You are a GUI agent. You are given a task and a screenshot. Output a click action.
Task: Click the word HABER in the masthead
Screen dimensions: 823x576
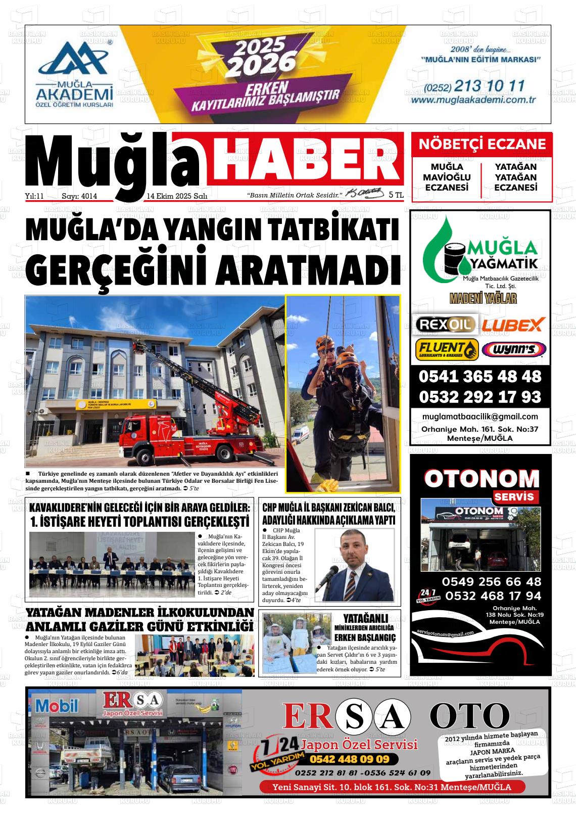pyautogui.click(x=307, y=159)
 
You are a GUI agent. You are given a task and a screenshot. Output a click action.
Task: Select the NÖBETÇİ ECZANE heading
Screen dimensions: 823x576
pyautogui.click(x=482, y=145)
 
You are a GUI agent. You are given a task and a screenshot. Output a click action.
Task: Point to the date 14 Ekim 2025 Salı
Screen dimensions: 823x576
pyautogui.click(x=177, y=196)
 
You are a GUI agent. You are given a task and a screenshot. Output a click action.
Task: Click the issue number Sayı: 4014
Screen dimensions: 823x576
pyautogui.click(x=79, y=196)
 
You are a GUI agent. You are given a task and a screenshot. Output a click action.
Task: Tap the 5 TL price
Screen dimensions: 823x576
pyautogui.click(x=396, y=195)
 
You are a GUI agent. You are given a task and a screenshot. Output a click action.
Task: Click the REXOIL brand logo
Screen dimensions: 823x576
pyautogui.click(x=445, y=324)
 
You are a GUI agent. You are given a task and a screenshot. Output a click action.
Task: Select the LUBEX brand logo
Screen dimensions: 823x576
pyautogui.click(x=512, y=324)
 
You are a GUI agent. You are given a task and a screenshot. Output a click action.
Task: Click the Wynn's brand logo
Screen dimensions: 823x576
pyautogui.click(x=514, y=349)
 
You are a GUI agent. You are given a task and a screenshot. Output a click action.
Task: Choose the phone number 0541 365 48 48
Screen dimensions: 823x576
pyautogui.click(x=479, y=377)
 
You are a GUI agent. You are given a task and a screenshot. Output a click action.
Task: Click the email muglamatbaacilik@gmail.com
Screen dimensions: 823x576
pyautogui.click(x=479, y=417)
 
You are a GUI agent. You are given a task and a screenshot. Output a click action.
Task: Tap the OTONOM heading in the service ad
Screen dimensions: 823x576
pyautogui.click(x=482, y=478)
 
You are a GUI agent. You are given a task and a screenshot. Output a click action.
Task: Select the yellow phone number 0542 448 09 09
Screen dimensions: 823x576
pyautogui.click(x=349, y=759)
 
